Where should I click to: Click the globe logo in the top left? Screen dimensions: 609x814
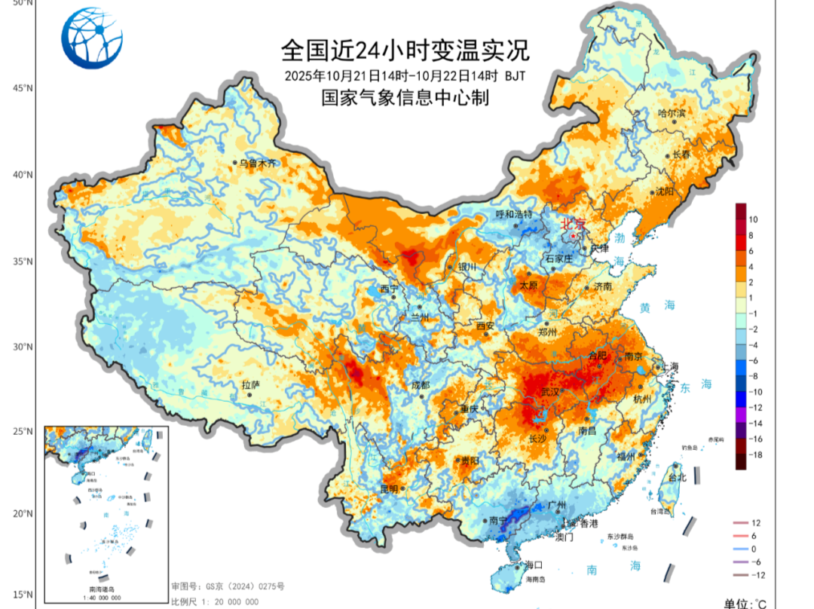[x=91, y=38]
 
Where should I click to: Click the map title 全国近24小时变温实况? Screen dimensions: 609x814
[x=405, y=50]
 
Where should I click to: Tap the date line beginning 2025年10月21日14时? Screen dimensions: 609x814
[x=405, y=76]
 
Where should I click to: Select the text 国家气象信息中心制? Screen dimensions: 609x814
[x=405, y=98]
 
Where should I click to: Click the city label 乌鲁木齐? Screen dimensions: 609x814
[x=257, y=162]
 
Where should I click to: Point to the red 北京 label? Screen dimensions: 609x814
[x=574, y=224]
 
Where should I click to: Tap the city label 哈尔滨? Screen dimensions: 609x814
[x=672, y=113]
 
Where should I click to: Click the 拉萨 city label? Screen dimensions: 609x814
[x=250, y=384]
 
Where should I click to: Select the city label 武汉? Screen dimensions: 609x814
[x=551, y=392]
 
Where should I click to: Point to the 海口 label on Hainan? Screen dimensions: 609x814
[x=534, y=565]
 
